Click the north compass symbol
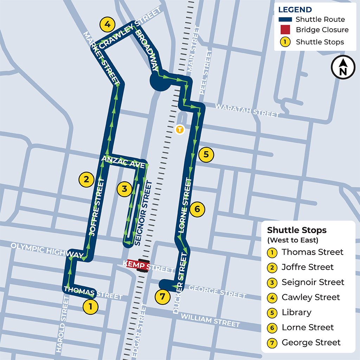(343, 67)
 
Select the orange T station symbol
(180, 129)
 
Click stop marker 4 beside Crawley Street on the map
(107, 25)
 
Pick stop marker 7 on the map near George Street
(162, 297)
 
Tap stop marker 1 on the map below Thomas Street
(90, 307)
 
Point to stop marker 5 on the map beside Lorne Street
(206, 154)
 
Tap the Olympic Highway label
(47, 250)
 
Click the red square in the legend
(285, 30)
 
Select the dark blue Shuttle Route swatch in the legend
(285, 19)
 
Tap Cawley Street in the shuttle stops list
(311, 297)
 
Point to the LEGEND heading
(295, 9)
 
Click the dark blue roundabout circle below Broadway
(159, 81)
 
